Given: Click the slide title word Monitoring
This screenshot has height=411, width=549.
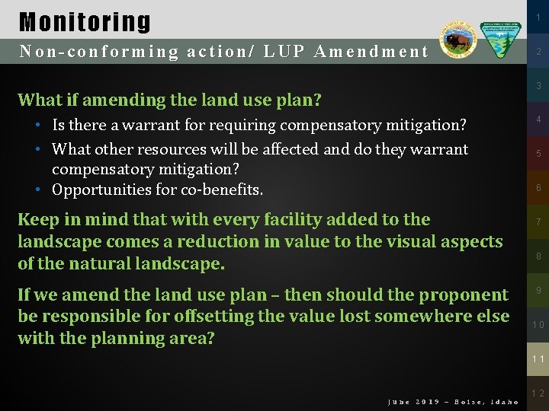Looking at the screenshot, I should (85, 21).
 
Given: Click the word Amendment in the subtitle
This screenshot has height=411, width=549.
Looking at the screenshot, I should (371, 52).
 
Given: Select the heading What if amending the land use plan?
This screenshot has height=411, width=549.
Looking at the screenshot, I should (169, 100).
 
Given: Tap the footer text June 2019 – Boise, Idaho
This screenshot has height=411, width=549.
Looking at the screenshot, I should (453, 402).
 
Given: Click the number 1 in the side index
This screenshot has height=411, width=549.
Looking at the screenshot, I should (538, 18).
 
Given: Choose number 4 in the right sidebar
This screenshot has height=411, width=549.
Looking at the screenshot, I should (538, 119).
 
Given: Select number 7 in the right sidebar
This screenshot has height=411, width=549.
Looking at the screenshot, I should (538, 222).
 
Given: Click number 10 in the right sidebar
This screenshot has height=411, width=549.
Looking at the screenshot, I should (538, 324).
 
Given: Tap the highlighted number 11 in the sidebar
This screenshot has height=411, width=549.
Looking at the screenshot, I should (538, 358).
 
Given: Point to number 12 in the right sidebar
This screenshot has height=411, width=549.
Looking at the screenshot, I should (538, 393).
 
